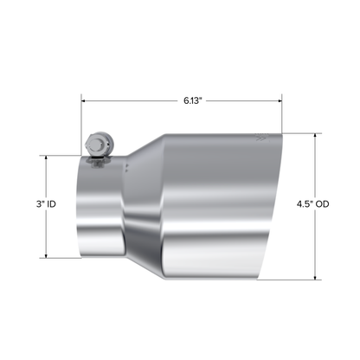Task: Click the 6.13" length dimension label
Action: point(192,100)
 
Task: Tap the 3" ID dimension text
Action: point(47,204)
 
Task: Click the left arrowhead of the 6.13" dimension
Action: point(85,100)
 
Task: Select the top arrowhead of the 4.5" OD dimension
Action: point(315,134)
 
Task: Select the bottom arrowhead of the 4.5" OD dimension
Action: point(315,279)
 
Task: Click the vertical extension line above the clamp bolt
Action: point(82,117)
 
